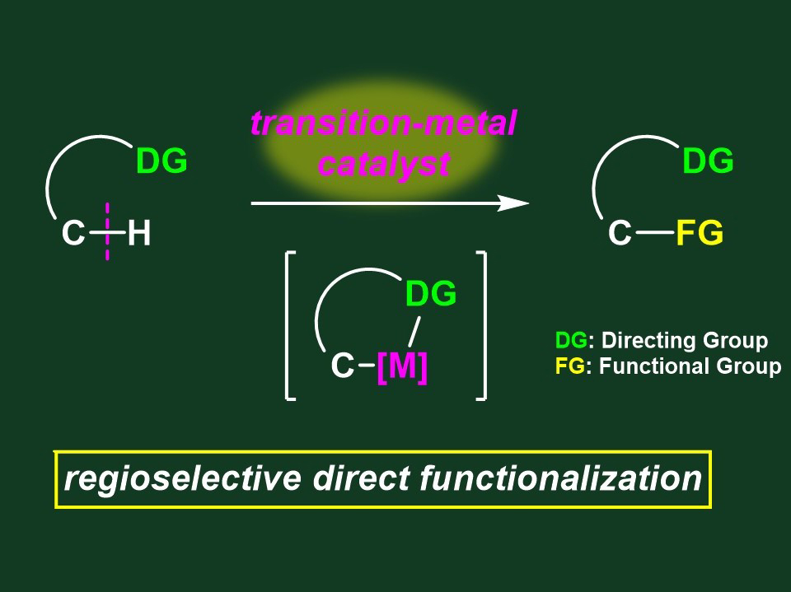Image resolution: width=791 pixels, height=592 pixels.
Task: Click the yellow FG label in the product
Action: pos(700,232)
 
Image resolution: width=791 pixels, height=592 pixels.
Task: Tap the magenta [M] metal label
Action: pos(402,366)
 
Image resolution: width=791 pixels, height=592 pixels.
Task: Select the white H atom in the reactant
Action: pos(139,234)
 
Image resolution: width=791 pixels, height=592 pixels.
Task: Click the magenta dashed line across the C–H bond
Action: pos(107,231)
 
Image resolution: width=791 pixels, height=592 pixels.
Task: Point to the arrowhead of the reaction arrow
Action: pos(513,203)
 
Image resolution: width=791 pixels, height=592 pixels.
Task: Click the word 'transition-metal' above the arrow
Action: pos(383,123)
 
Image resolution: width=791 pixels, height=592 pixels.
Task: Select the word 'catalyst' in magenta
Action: pos(385,163)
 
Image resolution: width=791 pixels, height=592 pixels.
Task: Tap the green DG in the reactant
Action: pos(162,161)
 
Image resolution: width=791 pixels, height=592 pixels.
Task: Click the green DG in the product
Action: pos(708,161)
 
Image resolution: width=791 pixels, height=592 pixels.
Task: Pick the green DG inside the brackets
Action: pos(431,293)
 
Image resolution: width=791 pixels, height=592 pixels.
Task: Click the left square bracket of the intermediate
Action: pos(290,326)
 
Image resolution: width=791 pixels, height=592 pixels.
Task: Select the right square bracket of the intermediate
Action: pos(482,326)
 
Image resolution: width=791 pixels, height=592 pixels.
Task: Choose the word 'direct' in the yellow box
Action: pos(361,478)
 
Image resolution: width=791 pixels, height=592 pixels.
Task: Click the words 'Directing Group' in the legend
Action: pos(685,340)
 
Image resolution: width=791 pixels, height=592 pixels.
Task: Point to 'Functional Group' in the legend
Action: pos(690,366)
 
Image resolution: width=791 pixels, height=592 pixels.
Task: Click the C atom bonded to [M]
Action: pos(343,366)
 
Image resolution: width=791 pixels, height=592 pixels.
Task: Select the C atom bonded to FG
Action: pos(620,233)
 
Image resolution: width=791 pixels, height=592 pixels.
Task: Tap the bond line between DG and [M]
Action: pos(414,332)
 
